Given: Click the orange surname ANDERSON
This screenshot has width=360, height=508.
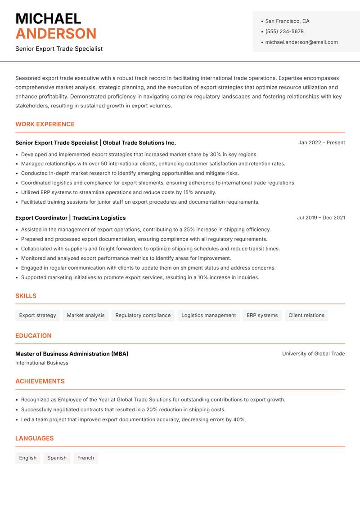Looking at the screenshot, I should (56, 34).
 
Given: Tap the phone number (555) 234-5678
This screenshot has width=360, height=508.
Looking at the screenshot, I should (284, 31).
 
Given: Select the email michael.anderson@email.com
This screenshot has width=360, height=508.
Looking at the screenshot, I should (301, 42).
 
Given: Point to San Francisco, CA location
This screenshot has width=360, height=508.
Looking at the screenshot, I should (287, 21).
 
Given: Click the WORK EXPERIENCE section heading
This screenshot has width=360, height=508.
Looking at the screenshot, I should (45, 124).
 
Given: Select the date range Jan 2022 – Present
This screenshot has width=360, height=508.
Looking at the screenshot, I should (321, 143).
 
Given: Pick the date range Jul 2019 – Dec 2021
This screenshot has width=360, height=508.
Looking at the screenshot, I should (321, 218).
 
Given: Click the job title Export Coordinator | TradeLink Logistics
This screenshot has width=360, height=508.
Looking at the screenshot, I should (70, 218).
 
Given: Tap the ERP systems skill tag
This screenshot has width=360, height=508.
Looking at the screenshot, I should (262, 315).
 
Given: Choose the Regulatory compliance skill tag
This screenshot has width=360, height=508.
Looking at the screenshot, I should (143, 315).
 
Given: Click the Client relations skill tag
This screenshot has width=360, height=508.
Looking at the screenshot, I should (306, 315).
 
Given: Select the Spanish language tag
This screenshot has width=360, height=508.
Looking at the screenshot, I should (57, 458).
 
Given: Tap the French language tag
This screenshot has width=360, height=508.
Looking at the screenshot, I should (85, 458).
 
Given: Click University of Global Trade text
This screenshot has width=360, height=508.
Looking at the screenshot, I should (313, 354).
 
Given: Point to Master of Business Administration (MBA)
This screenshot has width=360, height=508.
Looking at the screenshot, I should (72, 354).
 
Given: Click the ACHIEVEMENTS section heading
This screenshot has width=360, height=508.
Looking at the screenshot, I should (40, 381).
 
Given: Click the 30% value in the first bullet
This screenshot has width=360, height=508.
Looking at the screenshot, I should (216, 154).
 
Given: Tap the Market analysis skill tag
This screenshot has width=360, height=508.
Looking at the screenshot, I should (85, 315).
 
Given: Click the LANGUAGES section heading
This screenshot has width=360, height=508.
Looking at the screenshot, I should (35, 438).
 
